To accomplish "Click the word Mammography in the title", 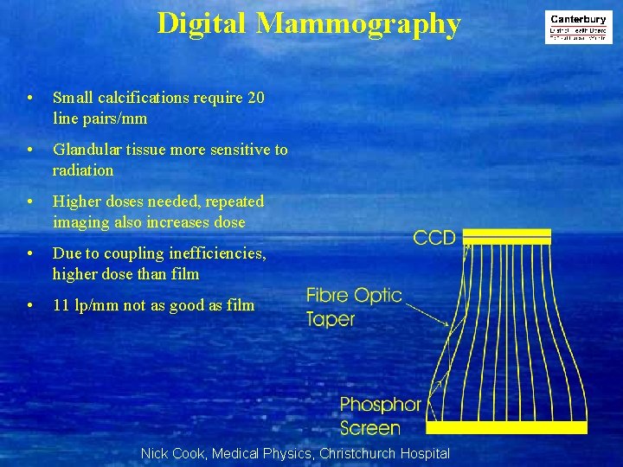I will pyautogui.click(x=359, y=24).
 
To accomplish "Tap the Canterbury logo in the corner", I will pyautogui.click(x=578, y=28).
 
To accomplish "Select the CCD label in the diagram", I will pyautogui.click(x=434, y=237).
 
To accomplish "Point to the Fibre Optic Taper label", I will pyautogui.click(x=354, y=307).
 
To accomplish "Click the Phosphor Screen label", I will pyautogui.click(x=380, y=416).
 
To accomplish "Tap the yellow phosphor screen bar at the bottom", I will pyautogui.click(x=507, y=427).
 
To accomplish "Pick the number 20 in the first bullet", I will pyautogui.click(x=256, y=98).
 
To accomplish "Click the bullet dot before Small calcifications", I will pyautogui.click(x=30, y=99).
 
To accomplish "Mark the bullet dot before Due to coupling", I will pyautogui.click(x=30, y=254).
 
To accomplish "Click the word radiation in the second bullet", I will pyautogui.click(x=83, y=170).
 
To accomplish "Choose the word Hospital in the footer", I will pyautogui.click(x=424, y=453).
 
